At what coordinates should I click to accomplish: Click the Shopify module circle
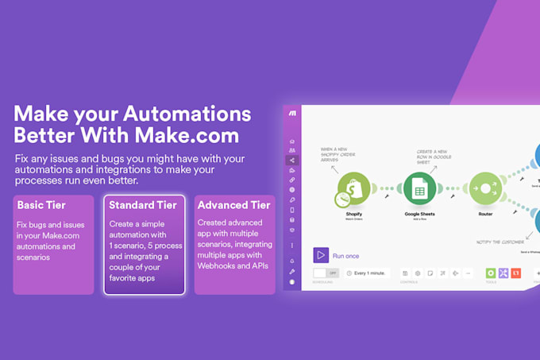pos(353,189)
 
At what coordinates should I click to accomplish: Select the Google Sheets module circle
pos(418,189)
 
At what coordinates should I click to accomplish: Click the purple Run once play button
pos(321,255)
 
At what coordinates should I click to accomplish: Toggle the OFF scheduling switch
pos(326,273)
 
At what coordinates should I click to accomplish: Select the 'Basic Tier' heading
pos(41,205)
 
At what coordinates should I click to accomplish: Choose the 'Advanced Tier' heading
pos(233,205)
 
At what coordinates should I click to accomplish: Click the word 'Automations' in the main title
pos(184,113)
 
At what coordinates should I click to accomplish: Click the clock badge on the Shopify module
pos(342,199)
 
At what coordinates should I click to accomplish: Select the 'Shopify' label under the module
pos(353,214)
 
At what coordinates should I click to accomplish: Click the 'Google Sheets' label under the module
pos(418,214)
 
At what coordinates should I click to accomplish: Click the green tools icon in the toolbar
pos(491,273)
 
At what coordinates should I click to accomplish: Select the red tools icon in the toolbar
pos(516,273)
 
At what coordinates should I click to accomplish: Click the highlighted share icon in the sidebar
pos(292,160)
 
